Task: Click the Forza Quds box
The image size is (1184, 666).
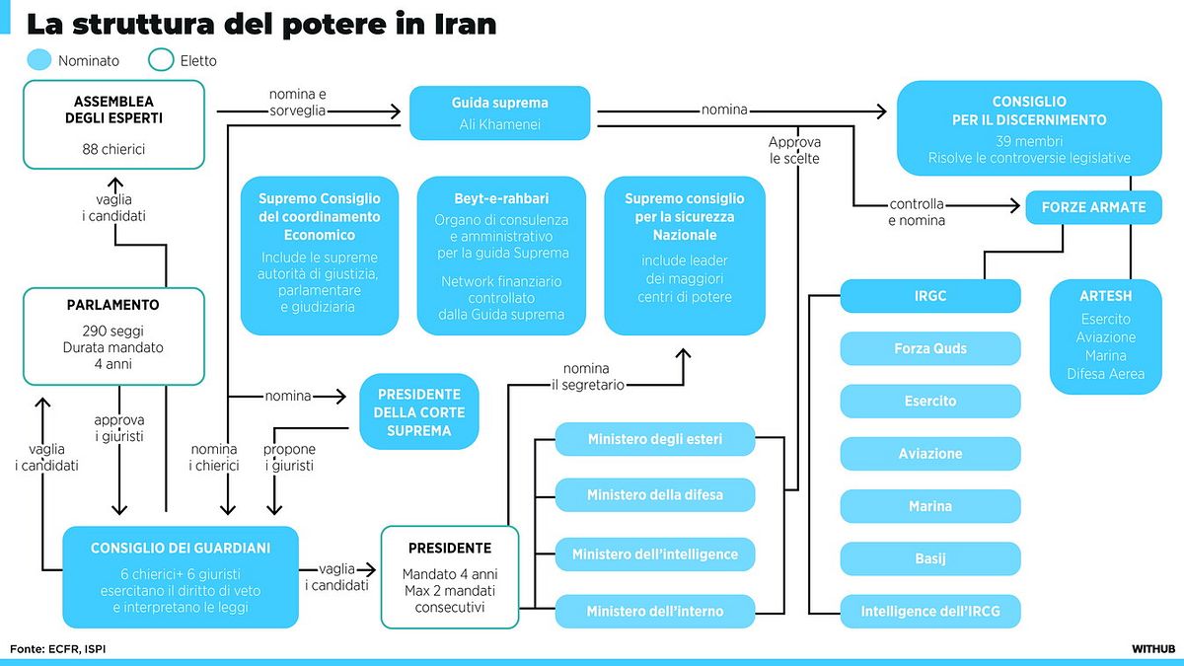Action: pyautogui.click(x=930, y=348)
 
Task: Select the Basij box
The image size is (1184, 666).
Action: pyautogui.click(x=930, y=558)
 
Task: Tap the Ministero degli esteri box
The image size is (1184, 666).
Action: pyautogui.click(x=655, y=439)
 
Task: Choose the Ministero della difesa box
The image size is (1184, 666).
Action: pyautogui.click(x=655, y=494)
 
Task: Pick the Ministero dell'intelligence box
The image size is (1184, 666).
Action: pyautogui.click(x=655, y=554)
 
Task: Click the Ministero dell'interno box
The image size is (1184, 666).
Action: pyautogui.click(x=655, y=611)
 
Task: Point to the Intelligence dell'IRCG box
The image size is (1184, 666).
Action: pyautogui.click(x=930, y=611)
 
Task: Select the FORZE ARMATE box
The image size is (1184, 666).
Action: pyautogui.click(x=1093, y=207)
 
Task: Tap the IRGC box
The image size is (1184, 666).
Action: pyautogui.click(x=930, y=296)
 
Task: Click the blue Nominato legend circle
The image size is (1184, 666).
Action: pyautogui.click(x=39, y=60)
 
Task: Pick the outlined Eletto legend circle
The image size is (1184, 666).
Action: pyautogui.click(x=161, y=60)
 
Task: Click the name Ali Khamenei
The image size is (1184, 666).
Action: pyautogui.click(x=499, y=124)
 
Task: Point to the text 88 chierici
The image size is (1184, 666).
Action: pyautogui.click(x=113, y=149)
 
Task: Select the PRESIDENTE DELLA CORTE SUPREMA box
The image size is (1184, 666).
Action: pyautogui.click(x=419, y=411)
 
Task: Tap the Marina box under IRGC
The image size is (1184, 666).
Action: pyautogui.click(x=930, y=506)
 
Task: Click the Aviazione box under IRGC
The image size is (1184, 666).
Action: pyautogui.click(x=930, y=454)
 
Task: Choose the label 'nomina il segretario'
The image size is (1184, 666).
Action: pyautogui.click(x=588, y=376)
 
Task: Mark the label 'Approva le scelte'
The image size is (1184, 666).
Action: pyautogui.click(x=794, y=150)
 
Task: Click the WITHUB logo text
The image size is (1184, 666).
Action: pyautogui.click(x=1153, y=648)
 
